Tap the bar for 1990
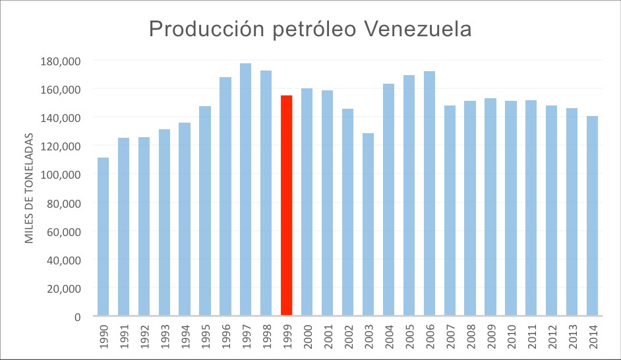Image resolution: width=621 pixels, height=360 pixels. click(103, 237)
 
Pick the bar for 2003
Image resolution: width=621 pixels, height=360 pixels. click(368, 224)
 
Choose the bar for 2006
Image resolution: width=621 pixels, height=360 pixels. click(429, 194)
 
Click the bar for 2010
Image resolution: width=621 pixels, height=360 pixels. click(511, 208)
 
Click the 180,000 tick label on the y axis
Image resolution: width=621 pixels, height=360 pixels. click(60, 61)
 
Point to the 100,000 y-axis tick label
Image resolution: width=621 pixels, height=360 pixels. click(60, 175)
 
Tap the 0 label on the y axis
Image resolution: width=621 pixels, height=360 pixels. click(77, 317)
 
